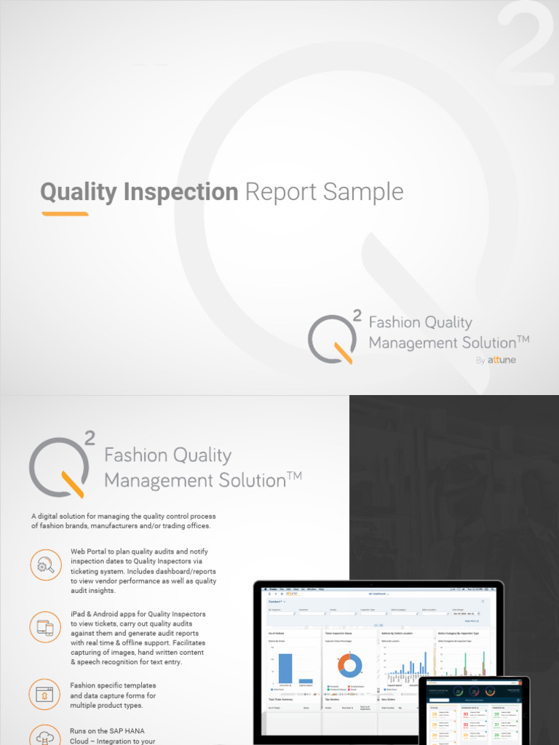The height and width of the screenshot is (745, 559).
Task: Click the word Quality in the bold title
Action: pos(79,192)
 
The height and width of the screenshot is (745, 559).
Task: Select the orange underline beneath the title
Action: pos(65,214)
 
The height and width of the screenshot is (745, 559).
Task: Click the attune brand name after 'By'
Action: pos(502,359)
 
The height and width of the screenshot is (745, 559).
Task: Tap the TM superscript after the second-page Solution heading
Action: pos(294,476)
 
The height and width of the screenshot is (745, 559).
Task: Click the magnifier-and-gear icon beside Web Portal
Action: pos(46,565)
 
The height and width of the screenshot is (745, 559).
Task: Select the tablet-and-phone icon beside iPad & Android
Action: pos(46,627)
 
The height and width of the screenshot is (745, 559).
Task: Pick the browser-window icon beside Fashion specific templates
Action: pos(46,694)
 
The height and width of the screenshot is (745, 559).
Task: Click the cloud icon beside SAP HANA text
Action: pos(46,736)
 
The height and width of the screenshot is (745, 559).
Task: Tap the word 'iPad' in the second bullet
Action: pos(79,614)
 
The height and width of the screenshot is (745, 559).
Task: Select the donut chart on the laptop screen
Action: pos(350,665)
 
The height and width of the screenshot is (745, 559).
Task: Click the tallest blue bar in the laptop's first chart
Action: pos(285,668)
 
